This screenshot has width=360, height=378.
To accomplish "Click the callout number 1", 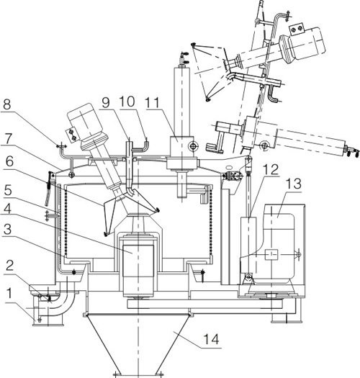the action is [x=9, y=294].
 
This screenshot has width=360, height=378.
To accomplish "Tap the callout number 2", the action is [x=9, y=266].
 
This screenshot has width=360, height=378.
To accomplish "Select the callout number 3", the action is [x=7, y=229].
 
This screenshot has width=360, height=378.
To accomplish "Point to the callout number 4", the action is [x=7, y=209].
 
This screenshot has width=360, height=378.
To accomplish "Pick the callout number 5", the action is [x=8, y=190].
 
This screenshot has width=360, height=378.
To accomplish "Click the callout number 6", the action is [x=9, y=161].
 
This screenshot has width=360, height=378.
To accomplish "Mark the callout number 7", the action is [x=8, y=139].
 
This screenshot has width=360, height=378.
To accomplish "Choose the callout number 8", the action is [x=6, y=104].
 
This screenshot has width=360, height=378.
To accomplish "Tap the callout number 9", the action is [x=106, y=103].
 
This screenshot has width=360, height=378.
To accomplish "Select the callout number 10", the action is [x=127, y=102].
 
